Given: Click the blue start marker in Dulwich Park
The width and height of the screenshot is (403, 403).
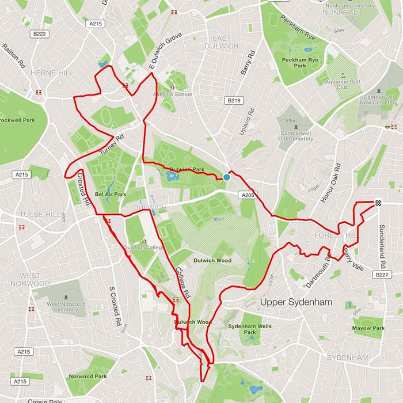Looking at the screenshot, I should coord(226,177).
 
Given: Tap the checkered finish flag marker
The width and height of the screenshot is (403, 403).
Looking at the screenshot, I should coord(378,202).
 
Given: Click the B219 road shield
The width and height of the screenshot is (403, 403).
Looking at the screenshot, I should coord(234,100).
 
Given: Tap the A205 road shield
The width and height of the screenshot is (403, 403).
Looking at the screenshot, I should coord(247,196).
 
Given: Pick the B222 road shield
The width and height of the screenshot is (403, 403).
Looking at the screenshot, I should coord(39,34).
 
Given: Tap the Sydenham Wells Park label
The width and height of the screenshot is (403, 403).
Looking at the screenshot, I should coord(249,329).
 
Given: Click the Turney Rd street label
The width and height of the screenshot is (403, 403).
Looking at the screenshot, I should coord(112,145).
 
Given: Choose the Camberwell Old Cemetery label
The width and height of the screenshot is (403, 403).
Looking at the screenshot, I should coord(295,135).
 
